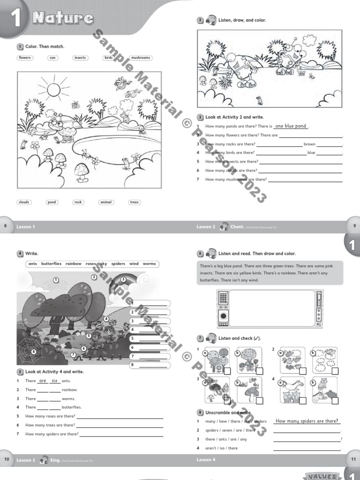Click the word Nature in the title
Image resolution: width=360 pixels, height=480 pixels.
(x=63, y=18)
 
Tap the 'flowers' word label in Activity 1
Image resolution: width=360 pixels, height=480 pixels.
(x=24, y=58)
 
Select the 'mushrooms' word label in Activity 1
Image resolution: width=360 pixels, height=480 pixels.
(x=141, y=58)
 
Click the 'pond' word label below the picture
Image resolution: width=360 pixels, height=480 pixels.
(x=52, y=202)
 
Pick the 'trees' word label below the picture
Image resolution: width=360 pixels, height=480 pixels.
(x=135, y=202)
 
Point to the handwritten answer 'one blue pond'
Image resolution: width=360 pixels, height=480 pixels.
(x=291, y=126)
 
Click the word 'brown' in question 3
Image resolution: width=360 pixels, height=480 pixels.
(x=309, y=144)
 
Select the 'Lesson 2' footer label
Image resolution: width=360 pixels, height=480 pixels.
(x=206, y=227)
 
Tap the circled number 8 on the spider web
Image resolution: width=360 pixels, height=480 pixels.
(x=33, y=352)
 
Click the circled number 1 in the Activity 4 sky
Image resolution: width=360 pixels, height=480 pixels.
(x=56, y=280)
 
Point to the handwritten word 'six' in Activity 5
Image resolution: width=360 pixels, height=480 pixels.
(x=55, y=381)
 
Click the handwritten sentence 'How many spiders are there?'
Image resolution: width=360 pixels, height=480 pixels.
(x=307, y=421)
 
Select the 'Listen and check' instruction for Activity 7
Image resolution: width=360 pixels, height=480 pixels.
(x=240, y=338)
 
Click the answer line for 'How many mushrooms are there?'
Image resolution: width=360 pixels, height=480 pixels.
(x=305, y=180)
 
